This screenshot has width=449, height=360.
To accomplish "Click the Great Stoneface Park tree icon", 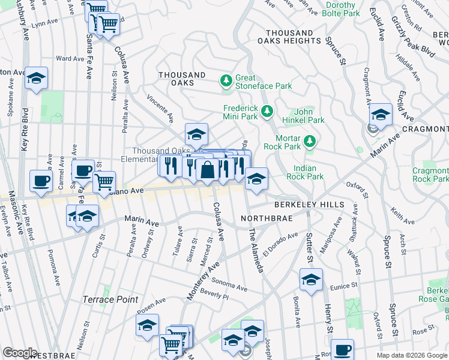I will point(226,80).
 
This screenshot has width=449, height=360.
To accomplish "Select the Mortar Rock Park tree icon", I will point(309,142).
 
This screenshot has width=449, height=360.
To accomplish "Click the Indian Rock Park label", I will point(309,172).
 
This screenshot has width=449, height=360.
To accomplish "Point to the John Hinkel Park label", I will point(309,116).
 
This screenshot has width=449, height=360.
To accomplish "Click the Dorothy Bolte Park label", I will point(340,8).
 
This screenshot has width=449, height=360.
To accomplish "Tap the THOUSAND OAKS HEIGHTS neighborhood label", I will point(289,37).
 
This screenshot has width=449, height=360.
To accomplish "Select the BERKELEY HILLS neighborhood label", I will point(309,205).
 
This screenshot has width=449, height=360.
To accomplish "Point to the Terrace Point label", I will point(110,299).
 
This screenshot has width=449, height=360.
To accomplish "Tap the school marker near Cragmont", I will point(381,114).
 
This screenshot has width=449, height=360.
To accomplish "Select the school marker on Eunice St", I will point(311,280).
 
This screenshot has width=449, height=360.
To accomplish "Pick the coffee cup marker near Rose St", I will point(342,349).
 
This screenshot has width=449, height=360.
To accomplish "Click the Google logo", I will point(20,353).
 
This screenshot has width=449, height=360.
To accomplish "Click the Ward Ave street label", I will point(70,59).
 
